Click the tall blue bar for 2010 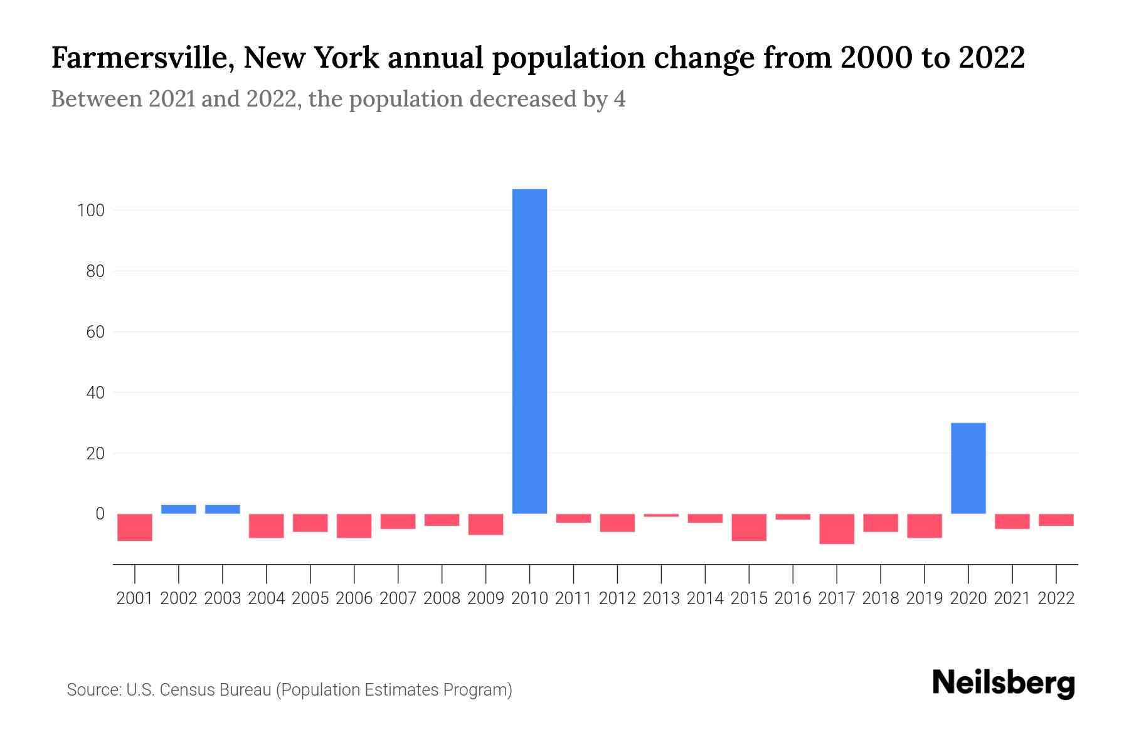click(x=529, y=351)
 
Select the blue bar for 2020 click(x=968, y=468)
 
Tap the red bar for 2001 click(x=135, y=527)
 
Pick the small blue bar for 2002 click(x=179, y=509)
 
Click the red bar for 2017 click(x=836, y=529)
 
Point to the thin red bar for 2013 click(x=661, y=515)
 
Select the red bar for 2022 click(x=1056, y=520)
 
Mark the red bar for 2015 click(x=749, y=527)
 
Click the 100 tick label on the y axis click(x=90, y=211)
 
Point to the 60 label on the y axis click(x=95, y=332)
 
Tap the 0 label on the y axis click(x=100, y=514)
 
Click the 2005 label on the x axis click(x=310, y=598)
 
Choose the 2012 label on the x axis click(x=617, y=598)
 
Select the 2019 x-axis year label click(x=924, y=598)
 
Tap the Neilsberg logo click(x=1004, y=683)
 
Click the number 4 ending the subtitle click(x=619, y=99)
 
